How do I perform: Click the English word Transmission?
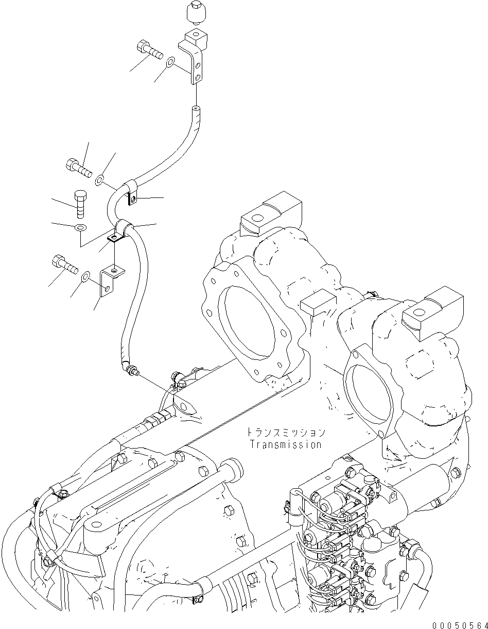click(286, 444)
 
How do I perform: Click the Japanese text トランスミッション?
click(286, 432)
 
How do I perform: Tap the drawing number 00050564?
click(460, 622)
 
